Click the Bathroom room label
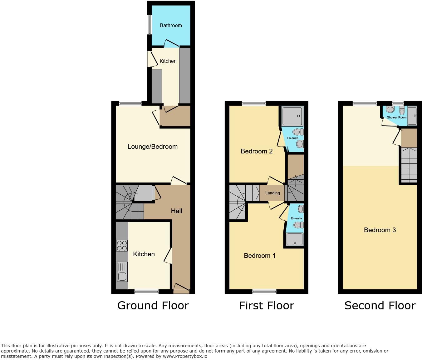point(171,26)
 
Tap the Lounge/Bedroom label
point(152,147)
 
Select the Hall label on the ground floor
point(176,211)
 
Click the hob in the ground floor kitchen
point(122,245)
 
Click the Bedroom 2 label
point(257,151)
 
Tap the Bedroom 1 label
point(259,256)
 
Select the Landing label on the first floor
point(272,193)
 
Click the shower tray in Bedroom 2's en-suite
point(292,116)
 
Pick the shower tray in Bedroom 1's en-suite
point(295,239)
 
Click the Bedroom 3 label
point(380,230)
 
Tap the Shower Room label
point(396,117)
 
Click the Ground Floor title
point(153,305)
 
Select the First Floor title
point(266,305)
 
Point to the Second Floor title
point(380,305)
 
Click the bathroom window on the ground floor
point(150,25)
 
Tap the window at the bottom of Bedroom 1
point(264,292)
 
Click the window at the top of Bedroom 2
point(254,103)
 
